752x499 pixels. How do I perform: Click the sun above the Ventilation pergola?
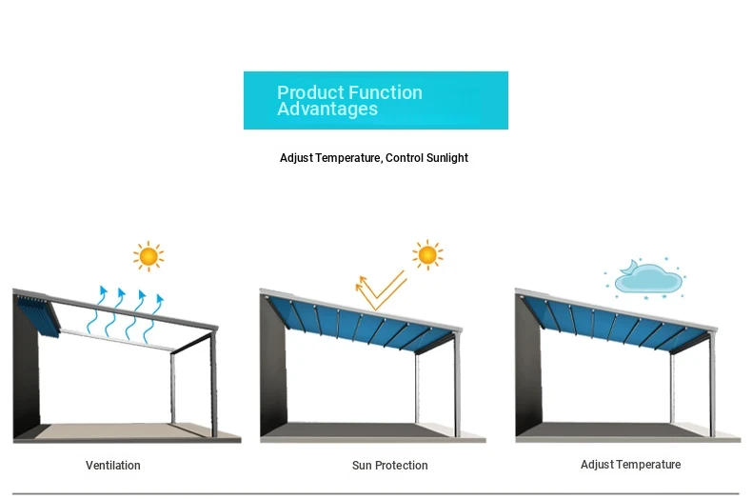148,257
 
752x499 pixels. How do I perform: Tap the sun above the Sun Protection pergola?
427,255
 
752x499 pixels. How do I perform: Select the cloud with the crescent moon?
647,277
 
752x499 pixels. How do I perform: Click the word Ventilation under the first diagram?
113,465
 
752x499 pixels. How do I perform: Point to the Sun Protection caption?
390,465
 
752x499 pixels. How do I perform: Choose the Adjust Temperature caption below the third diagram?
631,465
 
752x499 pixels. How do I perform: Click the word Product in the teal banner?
309,92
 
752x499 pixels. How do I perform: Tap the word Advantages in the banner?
327,109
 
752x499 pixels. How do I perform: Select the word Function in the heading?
386,92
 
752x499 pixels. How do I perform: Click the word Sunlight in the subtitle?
447,158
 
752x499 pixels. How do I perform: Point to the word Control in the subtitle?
405,158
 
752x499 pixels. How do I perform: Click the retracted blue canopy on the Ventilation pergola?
39,316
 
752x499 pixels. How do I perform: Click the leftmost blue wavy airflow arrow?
97,309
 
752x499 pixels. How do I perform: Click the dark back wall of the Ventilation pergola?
26,369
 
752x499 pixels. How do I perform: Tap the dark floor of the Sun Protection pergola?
365,429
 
